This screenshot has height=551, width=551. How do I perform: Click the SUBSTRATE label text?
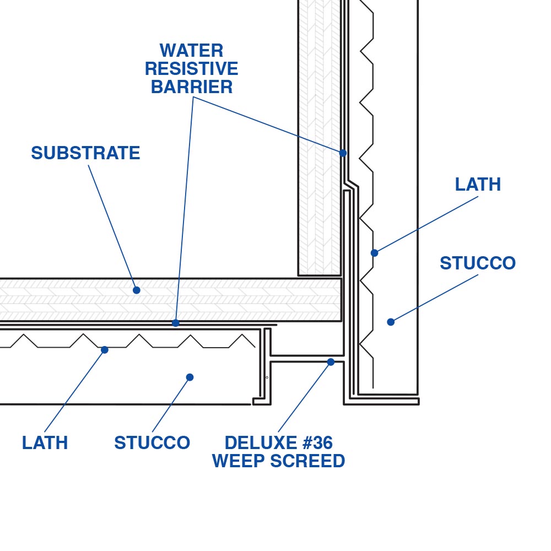(x=85, y=153)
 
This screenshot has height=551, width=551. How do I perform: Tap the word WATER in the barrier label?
(x=191, y=51)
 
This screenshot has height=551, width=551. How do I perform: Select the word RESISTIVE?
(x=191, y=69)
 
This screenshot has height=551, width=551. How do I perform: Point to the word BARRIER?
(x=191, y=87)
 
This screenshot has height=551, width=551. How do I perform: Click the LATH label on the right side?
(x=478, y=185)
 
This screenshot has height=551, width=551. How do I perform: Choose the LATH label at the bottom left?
(x=45, y=443)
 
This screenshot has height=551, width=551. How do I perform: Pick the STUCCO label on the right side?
(x=477, y=263)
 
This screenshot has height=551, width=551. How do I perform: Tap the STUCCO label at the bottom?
(x=152, y=443)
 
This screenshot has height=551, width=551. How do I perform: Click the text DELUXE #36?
(x=278, y=442)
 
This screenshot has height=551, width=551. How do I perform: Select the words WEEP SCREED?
(x=278, y=461)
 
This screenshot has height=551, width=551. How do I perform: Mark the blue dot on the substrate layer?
(x=137, y=290)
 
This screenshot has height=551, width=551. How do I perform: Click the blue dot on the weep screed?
(x=331, y=362)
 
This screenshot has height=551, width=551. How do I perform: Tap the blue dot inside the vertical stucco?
(x=391, y=322)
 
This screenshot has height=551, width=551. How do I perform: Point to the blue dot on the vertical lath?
(x=375, y=253)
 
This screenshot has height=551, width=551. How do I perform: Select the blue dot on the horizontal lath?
(x=105, y=349)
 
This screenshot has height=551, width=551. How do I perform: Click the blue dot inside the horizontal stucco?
(x=190, y=377)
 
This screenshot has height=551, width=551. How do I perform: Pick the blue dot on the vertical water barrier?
(x=343, y=153)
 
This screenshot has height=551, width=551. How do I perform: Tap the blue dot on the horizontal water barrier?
(x=175, y=323)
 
